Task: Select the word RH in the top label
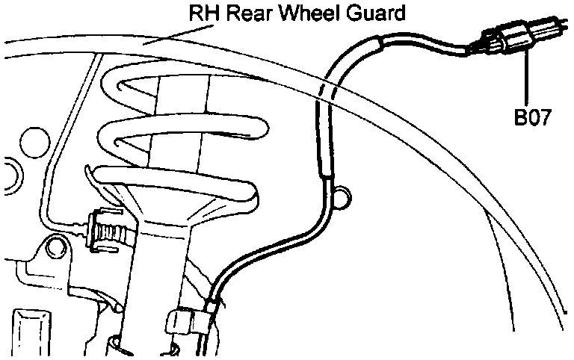199,13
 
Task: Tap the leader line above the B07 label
528,78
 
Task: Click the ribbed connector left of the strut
105,228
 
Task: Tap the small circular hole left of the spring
32,140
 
